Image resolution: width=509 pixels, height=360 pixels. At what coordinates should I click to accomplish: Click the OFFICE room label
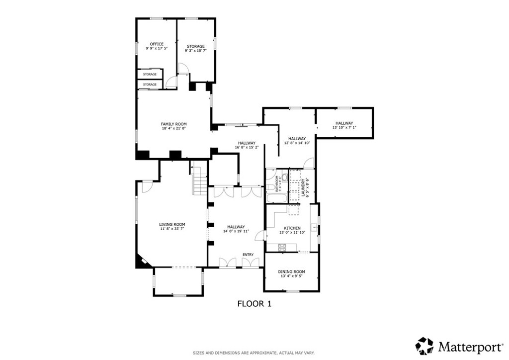pyautogui.click(x=157, y=44)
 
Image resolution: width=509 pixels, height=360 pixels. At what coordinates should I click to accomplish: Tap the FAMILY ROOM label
pyautogui.click(x=173, y=124)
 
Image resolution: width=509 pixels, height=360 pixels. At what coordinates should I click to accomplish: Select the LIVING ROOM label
pyautogui.click(x=172, y=224)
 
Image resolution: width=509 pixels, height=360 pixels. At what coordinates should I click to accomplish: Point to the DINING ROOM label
pyautogui.click(x=291, y=271)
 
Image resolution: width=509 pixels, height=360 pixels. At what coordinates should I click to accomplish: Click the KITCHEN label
pyautogui.click(x=292, y=228)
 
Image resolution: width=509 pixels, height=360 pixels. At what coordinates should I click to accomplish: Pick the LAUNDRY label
pyautogui.click(x=303, y=187)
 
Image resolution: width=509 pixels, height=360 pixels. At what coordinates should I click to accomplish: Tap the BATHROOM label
pyautogui.click(x=277, y=184)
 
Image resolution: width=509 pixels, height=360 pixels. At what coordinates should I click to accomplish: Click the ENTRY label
pyautogui.click(x=248, y=255)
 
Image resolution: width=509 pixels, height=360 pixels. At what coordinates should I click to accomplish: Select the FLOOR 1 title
pyautogui.click(x=254, y=304)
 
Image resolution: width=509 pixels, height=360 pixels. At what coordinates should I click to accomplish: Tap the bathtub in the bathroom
pyautogui.click(x=276, y=198)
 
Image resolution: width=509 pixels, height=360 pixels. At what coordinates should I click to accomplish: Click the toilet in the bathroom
pyautogui.click(x=284, y=178)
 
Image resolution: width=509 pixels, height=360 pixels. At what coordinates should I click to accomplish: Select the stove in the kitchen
pyautogui.click(x=282, y=248)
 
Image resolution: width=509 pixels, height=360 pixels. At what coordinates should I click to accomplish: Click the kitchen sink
pyautogui.click(x=314, y=228)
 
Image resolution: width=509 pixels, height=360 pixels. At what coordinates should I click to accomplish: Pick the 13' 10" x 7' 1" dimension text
pyautogui.click(x=344, y=128)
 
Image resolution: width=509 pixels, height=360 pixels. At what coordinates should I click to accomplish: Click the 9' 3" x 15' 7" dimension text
pyautogui.click(x=196, y=51)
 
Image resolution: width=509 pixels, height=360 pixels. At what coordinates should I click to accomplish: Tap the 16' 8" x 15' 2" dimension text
pyautogui.click(x=247, y=147)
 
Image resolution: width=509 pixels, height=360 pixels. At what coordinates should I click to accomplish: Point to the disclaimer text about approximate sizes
pyautogui.click(x=254, y=353)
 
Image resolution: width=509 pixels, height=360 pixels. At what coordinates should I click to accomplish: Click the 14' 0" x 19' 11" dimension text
pyautogui.click(x=236, y=231)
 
